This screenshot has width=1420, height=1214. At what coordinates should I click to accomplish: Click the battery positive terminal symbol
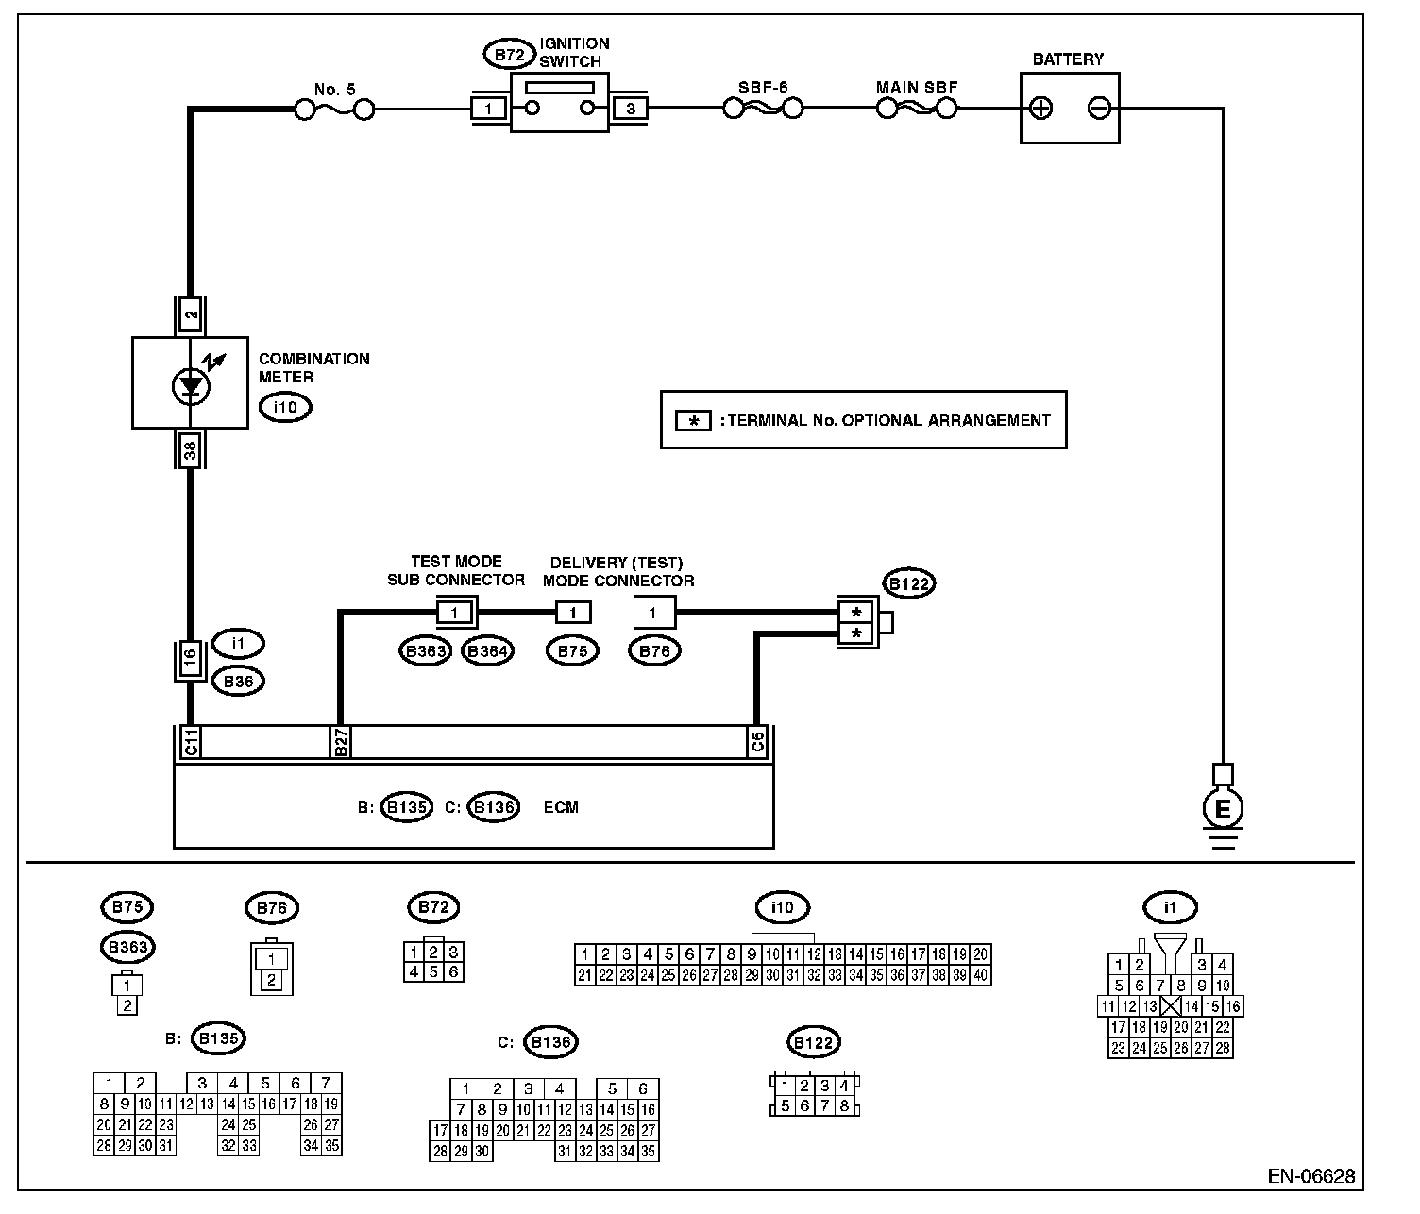tap(1040, 109)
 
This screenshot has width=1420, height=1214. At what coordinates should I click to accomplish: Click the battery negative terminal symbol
tap(1099, 109)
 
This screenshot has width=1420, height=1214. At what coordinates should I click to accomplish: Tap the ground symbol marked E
tap(1224, 809)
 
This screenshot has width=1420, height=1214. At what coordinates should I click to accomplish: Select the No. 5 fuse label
tap(335, 90)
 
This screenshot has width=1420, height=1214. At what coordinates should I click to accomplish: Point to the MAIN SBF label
tap(917, 88)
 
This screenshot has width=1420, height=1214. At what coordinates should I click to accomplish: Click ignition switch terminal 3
tap(630, 110)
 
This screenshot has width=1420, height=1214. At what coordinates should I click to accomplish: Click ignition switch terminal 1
tap(488, 110)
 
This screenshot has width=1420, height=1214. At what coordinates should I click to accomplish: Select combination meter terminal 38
tap(191, 451)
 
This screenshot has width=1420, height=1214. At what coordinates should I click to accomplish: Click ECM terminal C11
tap(191, 743)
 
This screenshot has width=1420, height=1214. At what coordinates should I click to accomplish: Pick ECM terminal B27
tap(341, 743)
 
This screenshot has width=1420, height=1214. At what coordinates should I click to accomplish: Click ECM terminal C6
tap(757, 743)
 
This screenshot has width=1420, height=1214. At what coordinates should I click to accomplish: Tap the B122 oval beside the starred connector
tap(908, 584)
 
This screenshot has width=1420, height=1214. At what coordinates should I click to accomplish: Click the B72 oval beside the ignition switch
tap(509, 55)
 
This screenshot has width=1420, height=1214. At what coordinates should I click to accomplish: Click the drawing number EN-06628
tap(1311, 1176)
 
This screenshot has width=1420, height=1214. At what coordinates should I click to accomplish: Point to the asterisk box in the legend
tap(694, 421)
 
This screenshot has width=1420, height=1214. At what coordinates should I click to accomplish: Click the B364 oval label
tap(487, 651)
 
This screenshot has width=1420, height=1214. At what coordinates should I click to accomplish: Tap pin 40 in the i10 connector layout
tap(982, 976)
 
